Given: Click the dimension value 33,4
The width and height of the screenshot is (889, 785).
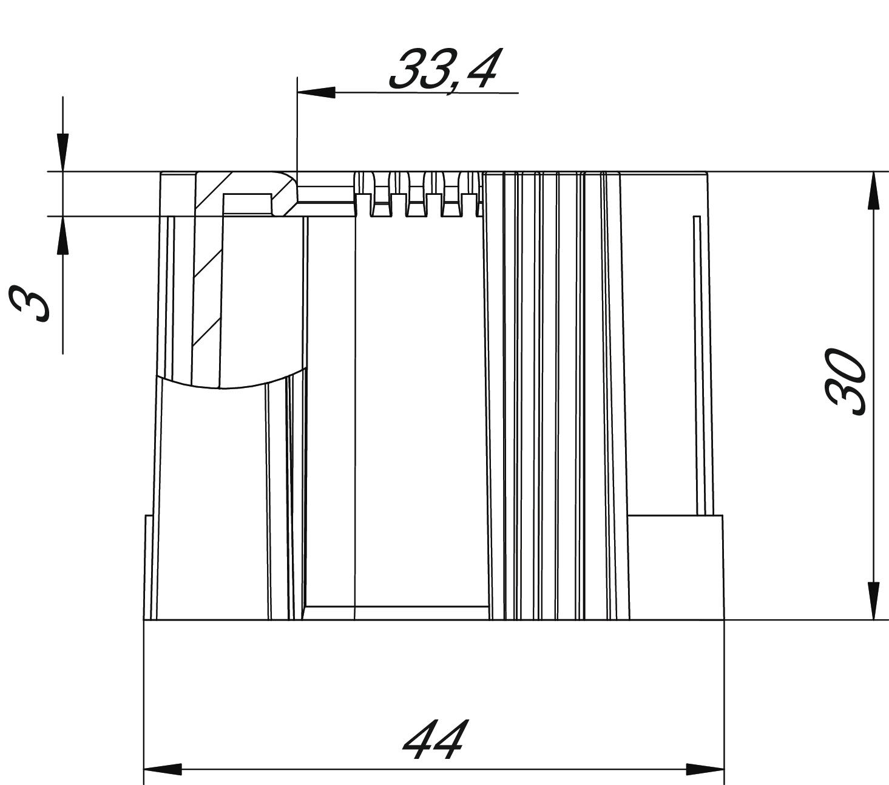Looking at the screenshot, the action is coord(444,70).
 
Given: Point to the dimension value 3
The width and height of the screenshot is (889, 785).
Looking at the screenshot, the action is coord(29,304).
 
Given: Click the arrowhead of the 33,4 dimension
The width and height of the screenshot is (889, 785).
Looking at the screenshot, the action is coord(316,93).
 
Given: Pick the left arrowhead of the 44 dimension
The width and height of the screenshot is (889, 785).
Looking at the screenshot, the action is coord(163,769).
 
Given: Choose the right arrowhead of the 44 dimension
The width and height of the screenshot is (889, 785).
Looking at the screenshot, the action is coord(705,769).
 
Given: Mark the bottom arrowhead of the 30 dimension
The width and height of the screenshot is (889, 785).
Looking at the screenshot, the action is coord(874,601).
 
